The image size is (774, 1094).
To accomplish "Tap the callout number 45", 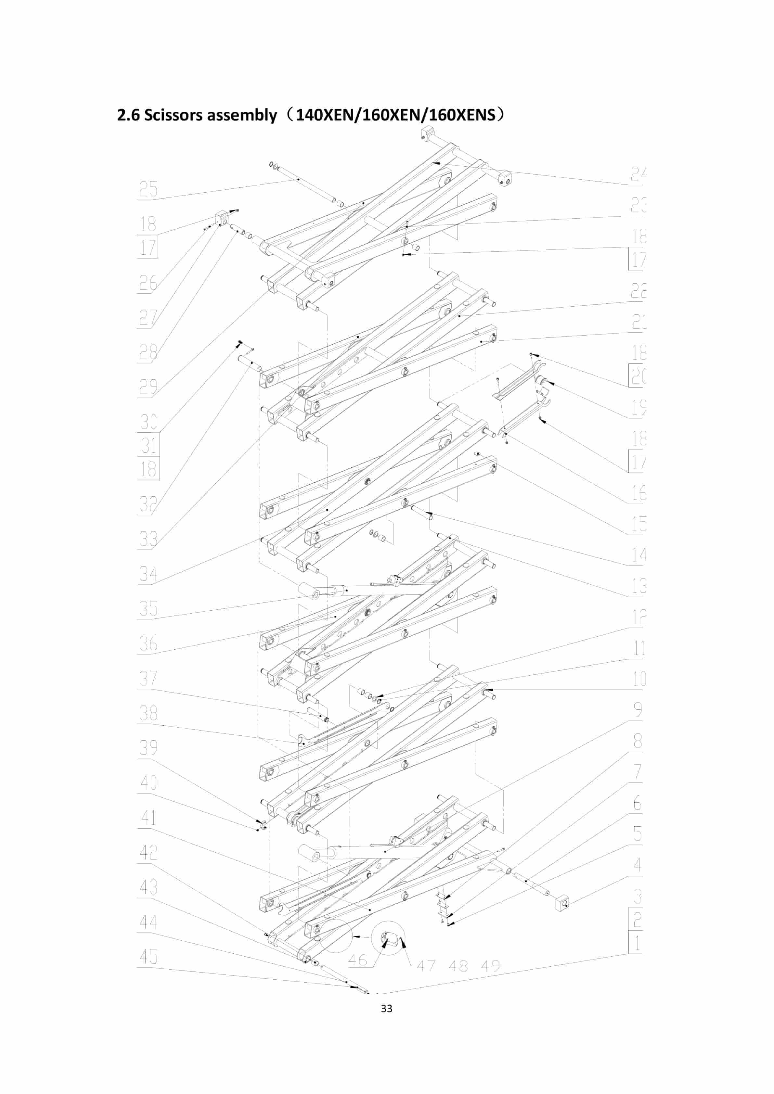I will click(x=148, y=956).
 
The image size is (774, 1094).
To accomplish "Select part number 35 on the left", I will click(x=148, y=608).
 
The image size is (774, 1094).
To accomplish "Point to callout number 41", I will click(x=148, y=818).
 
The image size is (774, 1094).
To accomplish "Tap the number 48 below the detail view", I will click(x=458, y=966).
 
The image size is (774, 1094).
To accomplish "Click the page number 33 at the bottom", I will click(x=387, y=1008).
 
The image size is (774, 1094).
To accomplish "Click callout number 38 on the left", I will click(x=148, y=713).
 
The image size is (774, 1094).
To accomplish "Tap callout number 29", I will click(x=148, y=387).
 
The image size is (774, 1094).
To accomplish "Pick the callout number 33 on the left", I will click(x=148, y=539).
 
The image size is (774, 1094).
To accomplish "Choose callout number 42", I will click(x=148, y=852).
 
